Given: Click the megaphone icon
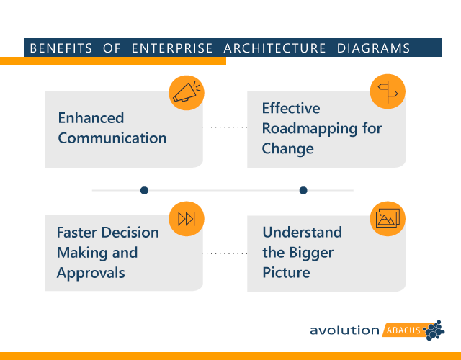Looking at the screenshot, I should pos(187,92).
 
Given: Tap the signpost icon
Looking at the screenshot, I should pos(388,91).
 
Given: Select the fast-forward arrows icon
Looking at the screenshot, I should pos(186,219).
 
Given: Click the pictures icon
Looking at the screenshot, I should pos(388,218).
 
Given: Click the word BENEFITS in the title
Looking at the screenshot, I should pos(61,49).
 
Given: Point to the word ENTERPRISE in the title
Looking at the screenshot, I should pos(172,49).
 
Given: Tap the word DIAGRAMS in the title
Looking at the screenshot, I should pos(374,49).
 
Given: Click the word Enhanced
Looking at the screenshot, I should pos(91,118).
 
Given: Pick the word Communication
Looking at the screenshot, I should pos(112,138).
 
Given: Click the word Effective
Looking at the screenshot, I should pos(291,109).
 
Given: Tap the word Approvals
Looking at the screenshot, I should pos(91,273).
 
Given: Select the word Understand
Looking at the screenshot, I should pos(302,233).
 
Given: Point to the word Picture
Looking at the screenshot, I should pos(286,273).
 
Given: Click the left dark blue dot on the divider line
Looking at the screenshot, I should pos(144,190).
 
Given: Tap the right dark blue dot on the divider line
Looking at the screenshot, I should pos(303,190).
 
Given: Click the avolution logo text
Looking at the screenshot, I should pos(344,330).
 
